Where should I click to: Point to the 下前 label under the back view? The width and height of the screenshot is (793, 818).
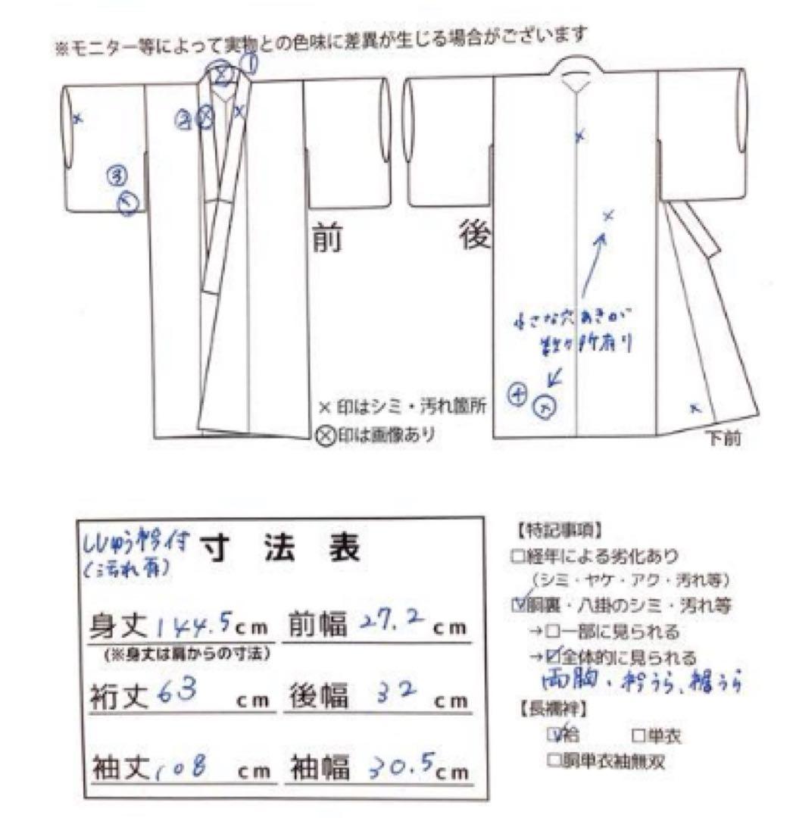point(723,439)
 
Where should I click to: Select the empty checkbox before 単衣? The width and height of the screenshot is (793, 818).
point(635,736)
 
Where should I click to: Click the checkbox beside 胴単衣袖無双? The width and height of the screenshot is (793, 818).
point(552,760)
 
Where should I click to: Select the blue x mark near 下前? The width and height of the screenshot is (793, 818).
point(695,410)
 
